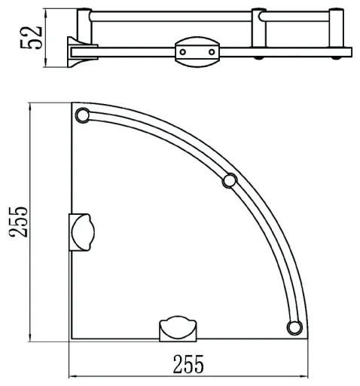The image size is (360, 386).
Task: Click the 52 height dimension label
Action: click(x=31, y=37)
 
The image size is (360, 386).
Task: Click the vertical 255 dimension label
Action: click(x=18, y=222)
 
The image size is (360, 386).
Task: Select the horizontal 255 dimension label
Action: click(x=188, y=364)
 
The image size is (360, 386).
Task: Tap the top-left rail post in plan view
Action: click(x=82, y=115)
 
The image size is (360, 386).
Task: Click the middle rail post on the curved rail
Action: click(x=230, y=180)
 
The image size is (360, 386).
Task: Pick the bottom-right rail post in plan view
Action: click(x=294, y=327)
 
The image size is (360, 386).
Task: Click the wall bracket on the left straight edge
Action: click(x=82, y=232)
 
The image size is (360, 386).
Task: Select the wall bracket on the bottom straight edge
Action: click(x=178, y=329)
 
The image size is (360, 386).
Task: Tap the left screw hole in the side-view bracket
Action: click(x=183, y=52)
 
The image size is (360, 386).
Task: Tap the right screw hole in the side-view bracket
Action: click(x=212, y=52)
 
